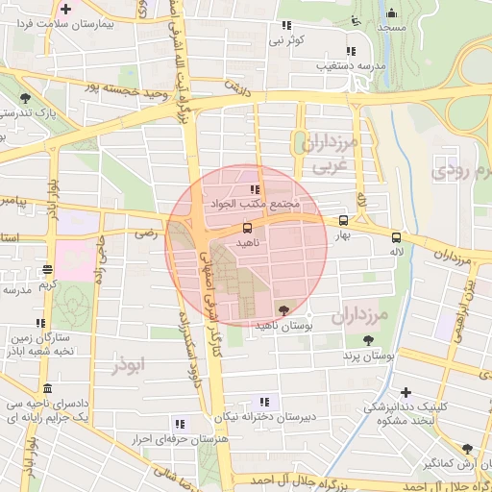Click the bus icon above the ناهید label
pyautogui.click(x=248, y=228)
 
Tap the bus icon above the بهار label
pyautogui.click(x=344, y=220)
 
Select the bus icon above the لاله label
pyautogui.click(x=396, y=236)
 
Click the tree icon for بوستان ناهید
pyautogui.click(x=283, y=309)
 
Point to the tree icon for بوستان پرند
pyautogui.click(x=368, y=340)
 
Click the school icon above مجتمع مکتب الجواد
pyautogui.click(x=255, y=189)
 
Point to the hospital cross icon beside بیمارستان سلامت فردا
pyautogui.click(x=65, y=9)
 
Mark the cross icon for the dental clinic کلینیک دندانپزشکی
pyautogui.click(x=406, y=392)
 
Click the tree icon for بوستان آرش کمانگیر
pyautogui.click(x=467, y=449)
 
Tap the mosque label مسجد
pyautogui.click(x=390, y=28)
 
